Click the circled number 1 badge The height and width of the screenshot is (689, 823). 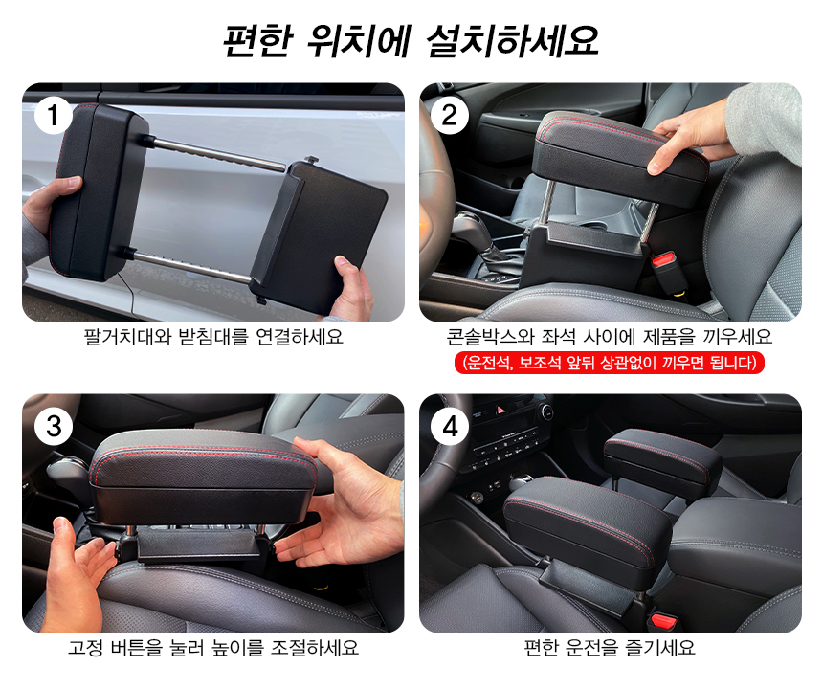click(54, 115)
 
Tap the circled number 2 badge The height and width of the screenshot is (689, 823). click(450, 115)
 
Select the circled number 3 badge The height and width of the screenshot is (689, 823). click(54, 426)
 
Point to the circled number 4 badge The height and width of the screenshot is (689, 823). click(450, 426)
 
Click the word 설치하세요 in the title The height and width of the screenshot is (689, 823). click(513, 40)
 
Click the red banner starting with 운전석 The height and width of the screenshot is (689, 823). click(609, 363)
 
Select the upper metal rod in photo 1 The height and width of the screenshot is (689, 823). click(215, 153)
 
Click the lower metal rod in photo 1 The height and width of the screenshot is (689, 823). click(188, 265)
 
